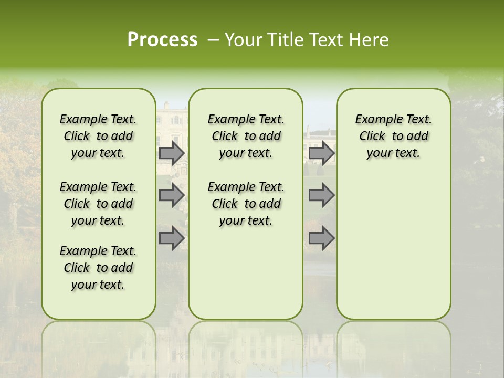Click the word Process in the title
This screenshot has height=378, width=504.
tap(162, 39)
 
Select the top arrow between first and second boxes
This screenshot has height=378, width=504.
tap(171, 153)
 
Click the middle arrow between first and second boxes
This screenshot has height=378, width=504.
tap(171, 195)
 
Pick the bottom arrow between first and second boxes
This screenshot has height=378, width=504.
tap(171, 238)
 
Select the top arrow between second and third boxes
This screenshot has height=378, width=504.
tap(321, 153)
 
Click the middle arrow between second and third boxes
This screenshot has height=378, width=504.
tap(321, 195)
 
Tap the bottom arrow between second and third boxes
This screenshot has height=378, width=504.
tap(321, 238)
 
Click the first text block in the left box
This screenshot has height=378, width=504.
tap(98, 136)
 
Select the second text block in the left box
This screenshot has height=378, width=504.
tap(98, 204)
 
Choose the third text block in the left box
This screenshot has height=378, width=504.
tap(98, 268)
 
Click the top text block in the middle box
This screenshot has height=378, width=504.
tap(246, 136)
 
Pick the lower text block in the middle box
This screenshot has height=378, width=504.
tap(246, 204)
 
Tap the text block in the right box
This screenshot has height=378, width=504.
tap(393, 136)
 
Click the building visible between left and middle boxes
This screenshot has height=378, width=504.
tap(172, 121)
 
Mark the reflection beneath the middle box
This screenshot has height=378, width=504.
tap(246, 346)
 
